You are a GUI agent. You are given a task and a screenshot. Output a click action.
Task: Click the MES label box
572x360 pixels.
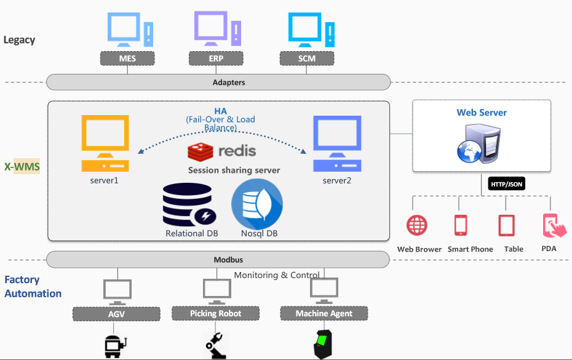pos(127,58)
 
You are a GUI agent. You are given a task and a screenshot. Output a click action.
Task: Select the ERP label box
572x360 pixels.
pos(215,58)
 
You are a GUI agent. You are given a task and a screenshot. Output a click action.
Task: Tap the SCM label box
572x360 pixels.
pos(307,58)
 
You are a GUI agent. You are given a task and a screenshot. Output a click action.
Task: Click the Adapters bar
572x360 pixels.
pos(218,82)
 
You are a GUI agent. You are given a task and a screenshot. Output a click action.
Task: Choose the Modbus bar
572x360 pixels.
pos(218,260)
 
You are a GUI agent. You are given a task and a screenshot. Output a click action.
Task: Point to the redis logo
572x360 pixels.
pos(221,151)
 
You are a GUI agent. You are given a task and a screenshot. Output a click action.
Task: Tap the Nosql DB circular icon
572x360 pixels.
pos(257,204)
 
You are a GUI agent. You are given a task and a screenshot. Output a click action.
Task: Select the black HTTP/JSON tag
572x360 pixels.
pos(507,184)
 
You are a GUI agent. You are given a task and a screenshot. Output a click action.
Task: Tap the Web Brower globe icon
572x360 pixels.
pos(417,225)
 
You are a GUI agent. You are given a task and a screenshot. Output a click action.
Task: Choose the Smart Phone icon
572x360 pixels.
pos(461,225)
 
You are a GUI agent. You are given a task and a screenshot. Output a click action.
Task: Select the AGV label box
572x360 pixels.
pos(116,313)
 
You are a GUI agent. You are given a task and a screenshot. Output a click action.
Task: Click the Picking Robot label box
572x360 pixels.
pos(215,313)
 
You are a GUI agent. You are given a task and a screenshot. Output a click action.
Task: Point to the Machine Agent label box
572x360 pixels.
pos(324,313)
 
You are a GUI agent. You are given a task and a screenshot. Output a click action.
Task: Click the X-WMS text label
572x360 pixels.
pos(22,167)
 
